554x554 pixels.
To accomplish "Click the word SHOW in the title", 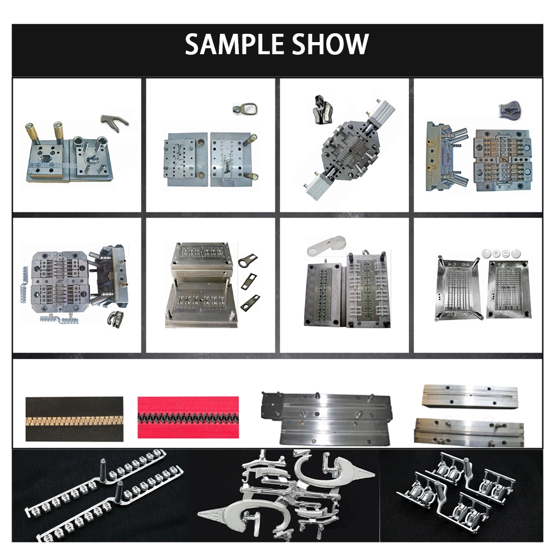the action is [331, 44].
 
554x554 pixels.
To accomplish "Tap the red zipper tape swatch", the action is [188, 417].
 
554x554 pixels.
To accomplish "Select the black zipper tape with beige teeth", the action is [74, 419].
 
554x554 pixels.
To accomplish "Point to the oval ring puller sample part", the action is [245, 109].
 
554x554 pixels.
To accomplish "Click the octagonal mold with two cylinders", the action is [348, 150].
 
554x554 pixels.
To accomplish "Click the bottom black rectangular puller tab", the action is [249, 303].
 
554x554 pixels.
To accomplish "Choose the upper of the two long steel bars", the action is [470, 397].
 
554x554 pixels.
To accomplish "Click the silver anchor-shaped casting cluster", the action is [286, 495].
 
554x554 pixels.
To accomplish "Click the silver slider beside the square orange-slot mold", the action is [116, 319].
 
